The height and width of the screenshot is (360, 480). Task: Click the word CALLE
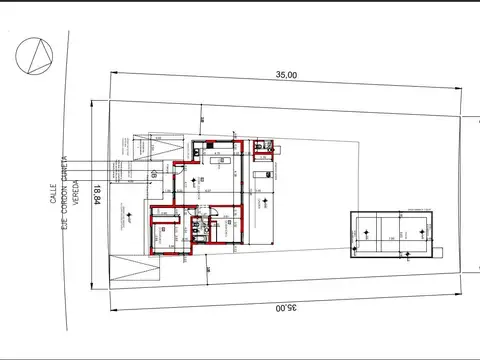pyautogui.click(x=54, y=192)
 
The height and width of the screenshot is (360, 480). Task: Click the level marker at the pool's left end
pyautogui.click(x=365, y=233)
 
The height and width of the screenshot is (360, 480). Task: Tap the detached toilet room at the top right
pyautogui.click(x=263, y=147)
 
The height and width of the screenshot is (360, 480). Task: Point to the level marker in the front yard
pyautogui.click(x=128, y=214)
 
